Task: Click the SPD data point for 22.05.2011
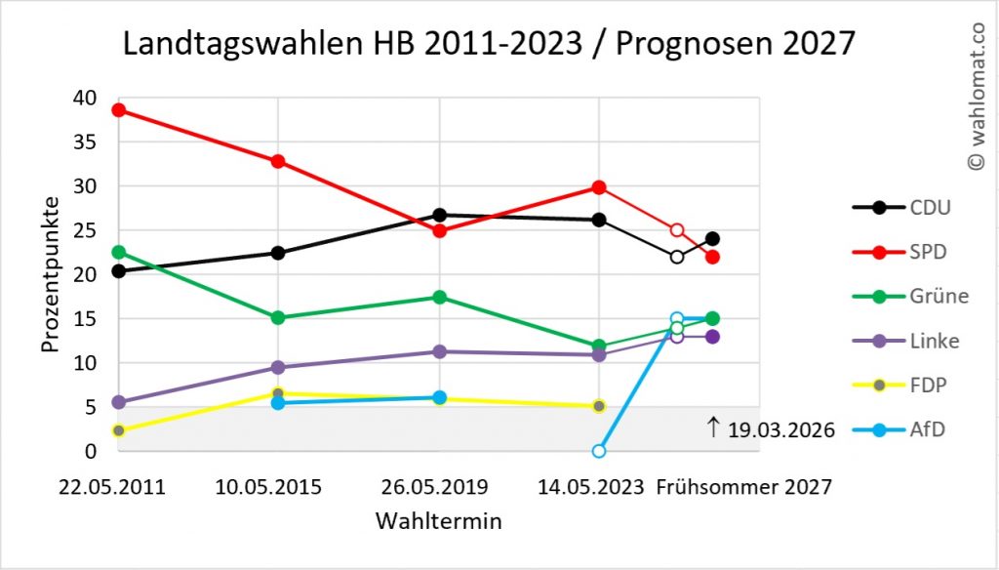(x=118, y=109)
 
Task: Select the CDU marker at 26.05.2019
(x=439, y=215)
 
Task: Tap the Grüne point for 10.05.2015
(x=278, y=317)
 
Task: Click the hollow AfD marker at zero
(x=599, y=451)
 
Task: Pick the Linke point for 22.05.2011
(x=118, y=402)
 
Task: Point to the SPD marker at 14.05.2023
(x=599, y=187)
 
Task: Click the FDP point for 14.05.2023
(x=599, y=406)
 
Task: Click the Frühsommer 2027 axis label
(x=744, y=487)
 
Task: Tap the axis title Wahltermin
(x=439, y=521)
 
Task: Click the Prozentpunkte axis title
(x=51, y=274)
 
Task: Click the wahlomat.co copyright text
(x=976, y=98)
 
